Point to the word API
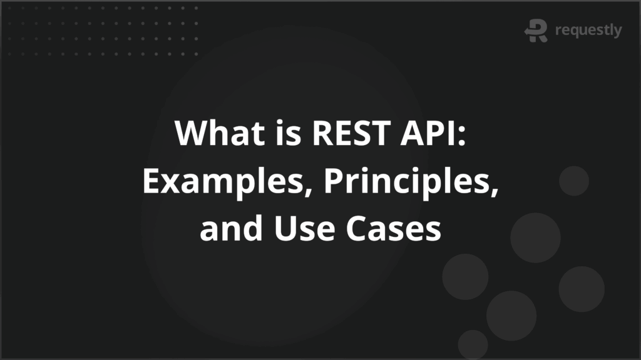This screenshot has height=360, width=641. [x=429, y=134]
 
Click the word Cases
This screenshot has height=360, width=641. [x=396, y=229]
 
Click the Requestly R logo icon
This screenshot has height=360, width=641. [x=536, y=31]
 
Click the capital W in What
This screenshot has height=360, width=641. [x=190, y=134]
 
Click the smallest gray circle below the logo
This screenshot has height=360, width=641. [x=573, y=181]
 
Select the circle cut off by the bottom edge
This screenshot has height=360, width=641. [x=473, y=345]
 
